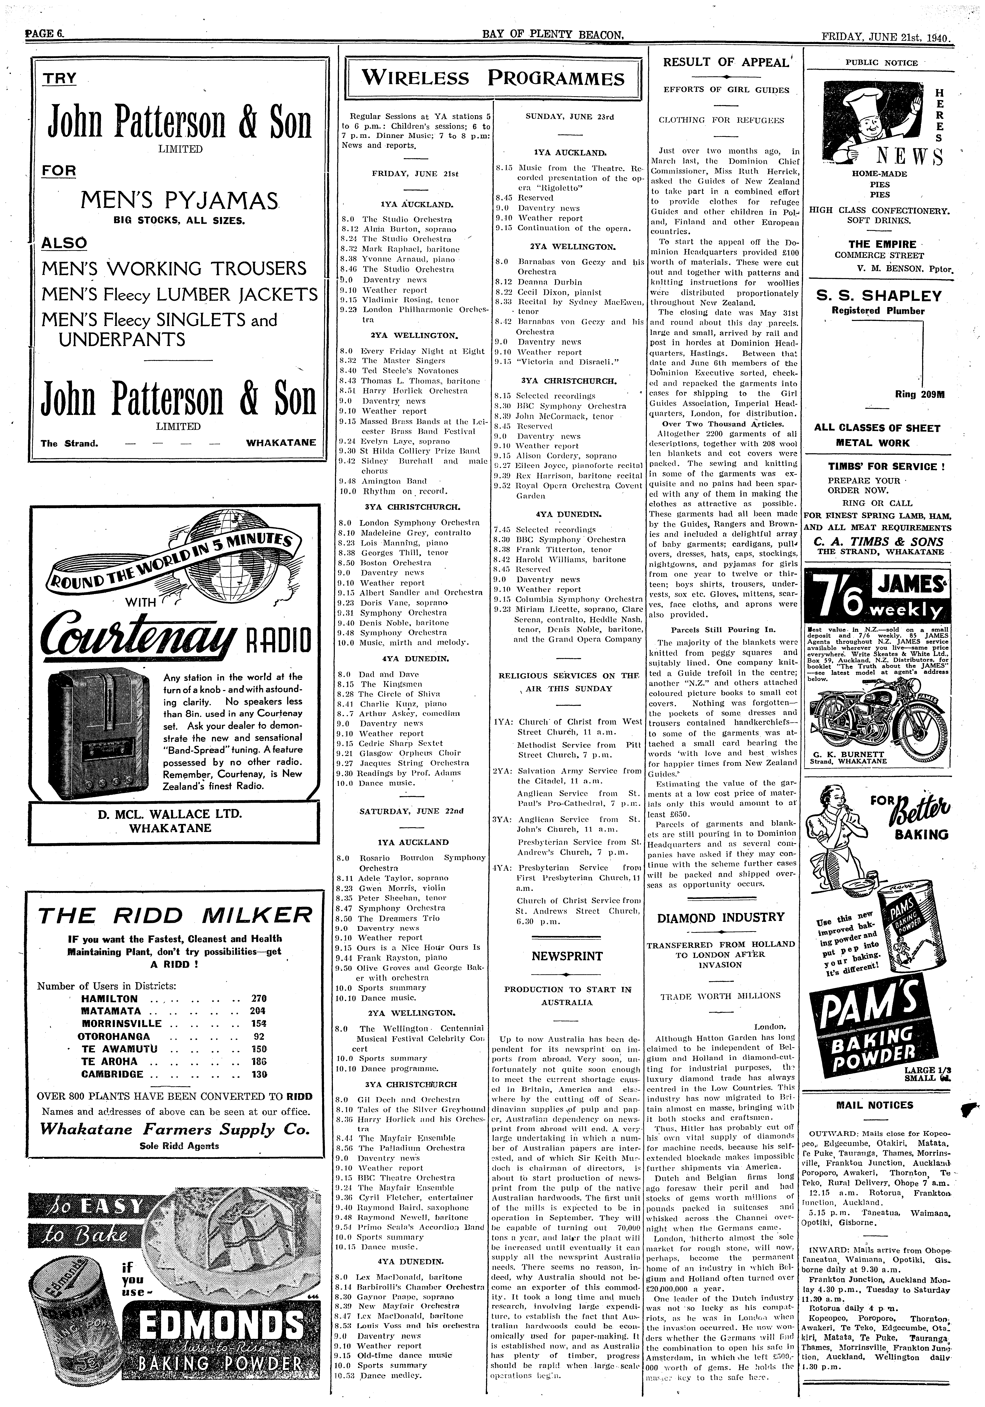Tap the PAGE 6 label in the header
click(x=44, y=35)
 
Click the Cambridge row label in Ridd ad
click(x=112, y=1074)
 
